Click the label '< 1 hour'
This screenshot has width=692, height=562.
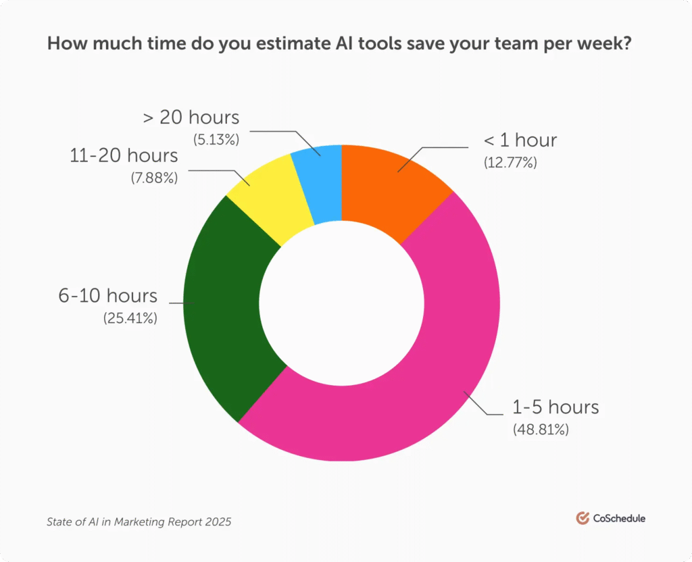click(x=520, y=140)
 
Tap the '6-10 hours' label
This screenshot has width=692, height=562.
click(x=108, y=295)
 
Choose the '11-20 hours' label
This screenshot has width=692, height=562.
click(x=124, y=155)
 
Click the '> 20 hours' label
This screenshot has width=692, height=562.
click(x=191, y=117)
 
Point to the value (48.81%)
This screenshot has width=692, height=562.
click(x=541, y=428)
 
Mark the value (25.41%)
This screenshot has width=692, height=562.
click(x=130, y=317)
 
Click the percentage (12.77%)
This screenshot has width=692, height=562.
click(x=510, y=162)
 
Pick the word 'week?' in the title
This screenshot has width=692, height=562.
click(x=618, y=45)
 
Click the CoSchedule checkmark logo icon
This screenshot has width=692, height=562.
click(x=583, y=518)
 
